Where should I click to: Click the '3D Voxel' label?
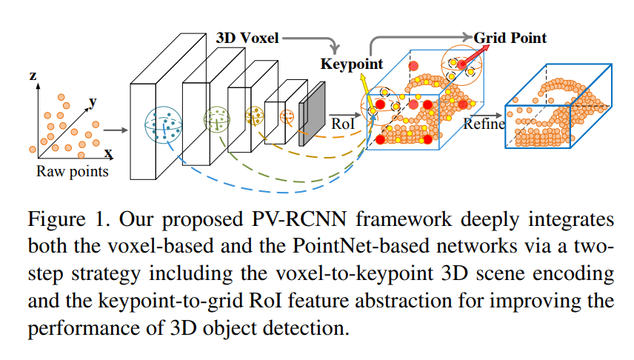coord(247,38)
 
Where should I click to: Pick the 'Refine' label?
coord(484,124)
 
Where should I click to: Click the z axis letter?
coord(33,76)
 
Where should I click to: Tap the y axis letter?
coord(93,101)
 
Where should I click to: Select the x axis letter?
coord(108,153)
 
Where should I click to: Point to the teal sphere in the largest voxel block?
coord(164,124)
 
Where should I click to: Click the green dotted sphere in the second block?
coord(217,117)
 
